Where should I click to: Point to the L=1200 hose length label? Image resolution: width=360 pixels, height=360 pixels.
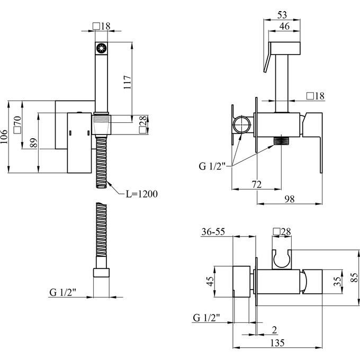click(141, 194)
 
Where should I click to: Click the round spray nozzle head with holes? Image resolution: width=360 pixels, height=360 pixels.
click(101, 49)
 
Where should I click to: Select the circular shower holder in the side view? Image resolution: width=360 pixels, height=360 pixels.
click(242, 127)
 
